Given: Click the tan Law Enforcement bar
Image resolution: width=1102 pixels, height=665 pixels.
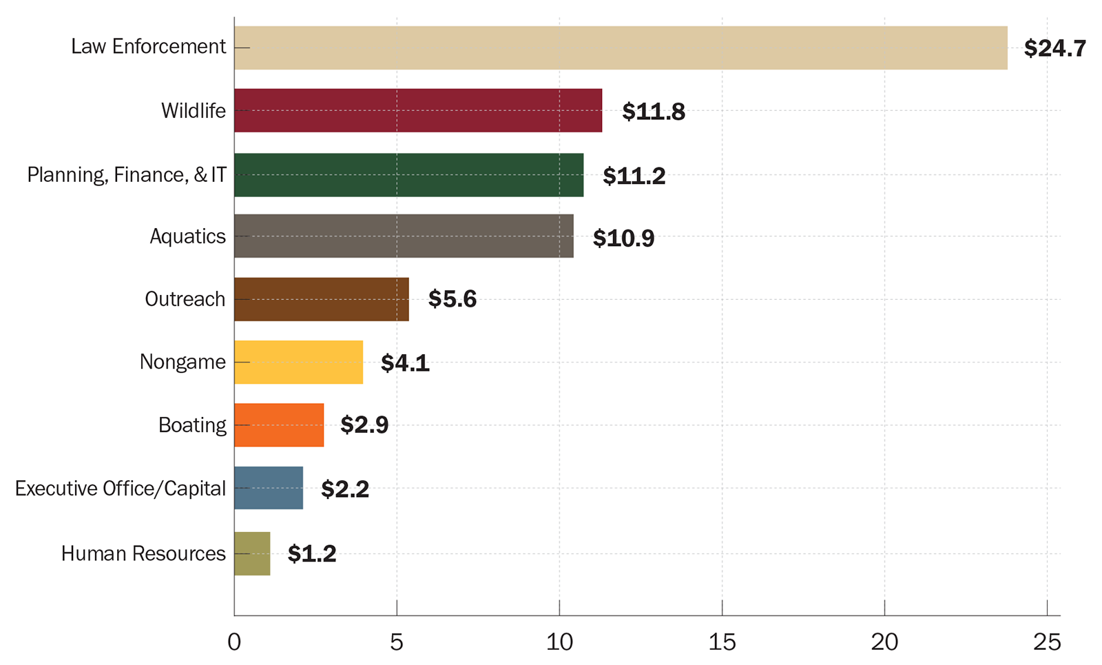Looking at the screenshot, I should (620, 48).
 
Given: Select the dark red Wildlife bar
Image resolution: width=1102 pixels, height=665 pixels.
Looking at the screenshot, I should (417, 110).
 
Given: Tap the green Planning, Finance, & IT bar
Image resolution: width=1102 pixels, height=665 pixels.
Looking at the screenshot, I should (408, 175).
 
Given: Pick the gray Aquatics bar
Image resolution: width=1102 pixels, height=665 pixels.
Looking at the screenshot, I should (404, 236).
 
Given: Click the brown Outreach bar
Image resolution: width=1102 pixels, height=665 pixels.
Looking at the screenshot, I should (321, 299).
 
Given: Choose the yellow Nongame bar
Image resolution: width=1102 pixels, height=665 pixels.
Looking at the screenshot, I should (298, 362).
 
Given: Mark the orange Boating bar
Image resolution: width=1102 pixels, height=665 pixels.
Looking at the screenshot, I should (279, 425).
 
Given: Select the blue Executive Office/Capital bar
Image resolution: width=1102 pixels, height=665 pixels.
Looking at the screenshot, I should (269, 488).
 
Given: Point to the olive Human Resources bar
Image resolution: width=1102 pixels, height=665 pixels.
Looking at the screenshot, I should (252, 553).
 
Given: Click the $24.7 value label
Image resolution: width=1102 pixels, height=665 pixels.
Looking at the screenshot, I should (1054, 48).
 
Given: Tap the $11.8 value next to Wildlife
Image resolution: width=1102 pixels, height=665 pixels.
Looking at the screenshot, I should (653, 112).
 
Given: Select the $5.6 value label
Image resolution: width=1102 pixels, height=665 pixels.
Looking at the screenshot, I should (452, 299).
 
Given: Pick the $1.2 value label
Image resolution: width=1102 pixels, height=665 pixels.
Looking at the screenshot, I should (311, 554).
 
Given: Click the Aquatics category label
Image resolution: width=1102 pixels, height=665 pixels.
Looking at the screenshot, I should (187, 236).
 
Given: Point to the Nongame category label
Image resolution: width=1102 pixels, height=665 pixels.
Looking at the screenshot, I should (183, 362).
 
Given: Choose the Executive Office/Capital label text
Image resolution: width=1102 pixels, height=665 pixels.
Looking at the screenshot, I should (120, 489).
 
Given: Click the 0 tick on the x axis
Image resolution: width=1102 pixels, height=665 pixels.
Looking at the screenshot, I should (234, 642).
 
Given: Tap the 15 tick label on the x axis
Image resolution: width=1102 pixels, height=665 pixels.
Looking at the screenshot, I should (722, 642).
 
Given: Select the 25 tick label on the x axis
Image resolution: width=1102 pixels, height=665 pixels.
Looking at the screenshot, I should (1047, 642).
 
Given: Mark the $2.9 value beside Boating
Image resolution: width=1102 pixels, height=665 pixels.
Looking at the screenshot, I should (364, 425).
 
